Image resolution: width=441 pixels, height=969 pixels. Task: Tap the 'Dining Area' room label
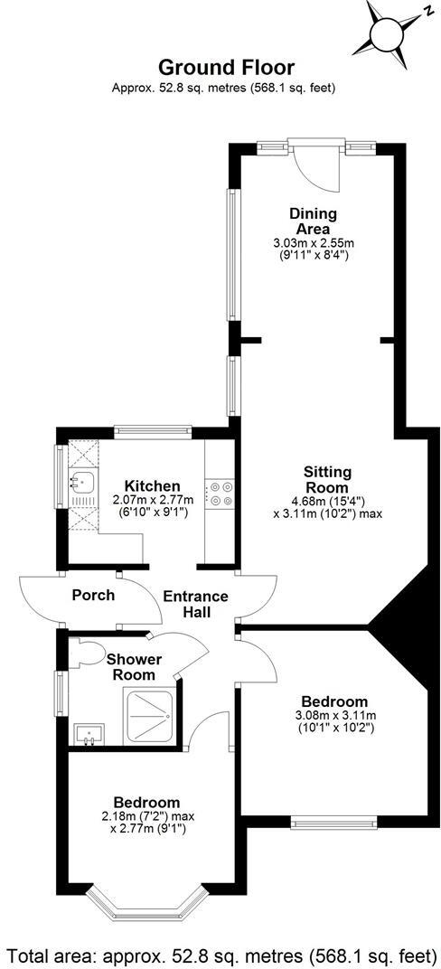(x=313, y=221)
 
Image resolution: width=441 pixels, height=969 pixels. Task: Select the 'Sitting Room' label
(x=327, y=480)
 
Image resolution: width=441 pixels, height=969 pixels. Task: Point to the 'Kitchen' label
(x=152, y=486)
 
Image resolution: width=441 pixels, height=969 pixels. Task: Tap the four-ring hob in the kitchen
(x=221, y=494)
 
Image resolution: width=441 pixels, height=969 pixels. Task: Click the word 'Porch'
(x=93, y=596)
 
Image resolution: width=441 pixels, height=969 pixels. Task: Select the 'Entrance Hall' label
(x=195, y=604)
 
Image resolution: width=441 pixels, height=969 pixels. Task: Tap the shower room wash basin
(x=89, y=737)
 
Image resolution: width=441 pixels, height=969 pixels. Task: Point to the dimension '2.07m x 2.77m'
(x=152, y=499)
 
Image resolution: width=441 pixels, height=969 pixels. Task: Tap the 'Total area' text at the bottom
(x=220, y=954)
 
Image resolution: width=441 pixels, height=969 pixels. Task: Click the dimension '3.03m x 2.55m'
(x=313, y=243)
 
